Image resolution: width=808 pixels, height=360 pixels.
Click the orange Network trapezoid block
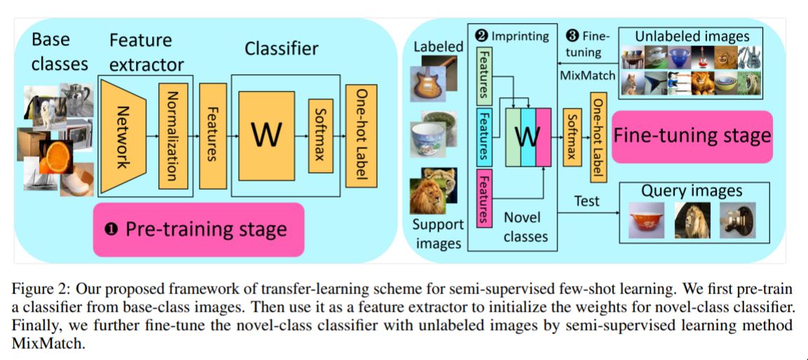123,137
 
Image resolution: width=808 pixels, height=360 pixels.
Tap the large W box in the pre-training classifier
267,134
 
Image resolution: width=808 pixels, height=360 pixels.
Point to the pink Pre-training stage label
198,229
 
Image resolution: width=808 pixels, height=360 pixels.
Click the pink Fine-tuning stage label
692,136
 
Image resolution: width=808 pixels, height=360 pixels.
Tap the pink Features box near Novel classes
484,198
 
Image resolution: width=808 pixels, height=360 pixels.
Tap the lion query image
692,221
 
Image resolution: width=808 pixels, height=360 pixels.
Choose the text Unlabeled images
692,36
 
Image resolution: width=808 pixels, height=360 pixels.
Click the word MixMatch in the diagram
587,74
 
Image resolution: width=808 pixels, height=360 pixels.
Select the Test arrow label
587,201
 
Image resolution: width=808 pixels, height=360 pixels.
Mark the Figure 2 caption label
42,288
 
